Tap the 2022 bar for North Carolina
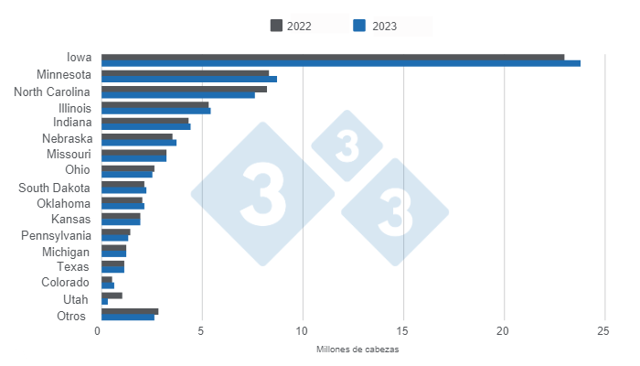pyautogui.click(x=184, y=89)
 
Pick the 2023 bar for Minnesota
pyautogui.click(x=188, y=80)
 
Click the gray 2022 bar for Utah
pyautogui.click(x=112, y=296)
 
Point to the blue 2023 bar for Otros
pyautogui.click(x=127, y=318)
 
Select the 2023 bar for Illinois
pyautogui.click(x=155, y=111)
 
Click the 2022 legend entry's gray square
pyautogui.click(x=276, y=25)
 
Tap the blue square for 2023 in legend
pyautogui.click(x=359, y=25)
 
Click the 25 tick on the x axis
pyautogui.click(x=603, y=330)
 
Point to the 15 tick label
pyautogui.click(x=402, y=330)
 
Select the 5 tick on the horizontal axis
pyautogui.click(x=202, y=330)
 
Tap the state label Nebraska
pyautogui.click(x=66, y=139)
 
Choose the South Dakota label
pyautogui.click(x=54, y=188)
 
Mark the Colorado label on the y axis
pyautogui.click(x=66, y=283)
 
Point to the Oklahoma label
pyautogui.click(x=64, y=203)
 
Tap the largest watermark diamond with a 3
pyautogui.click(x=262, y=193)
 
